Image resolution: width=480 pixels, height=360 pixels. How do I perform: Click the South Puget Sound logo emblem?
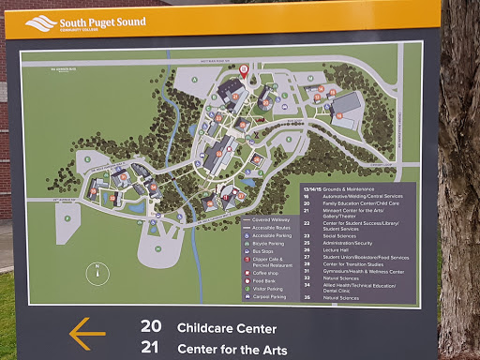click(x=40, y=22)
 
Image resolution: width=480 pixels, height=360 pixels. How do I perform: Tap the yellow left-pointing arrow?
click(x=87, y=333)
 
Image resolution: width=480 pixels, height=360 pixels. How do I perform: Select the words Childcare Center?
click(x=227, y=328)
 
